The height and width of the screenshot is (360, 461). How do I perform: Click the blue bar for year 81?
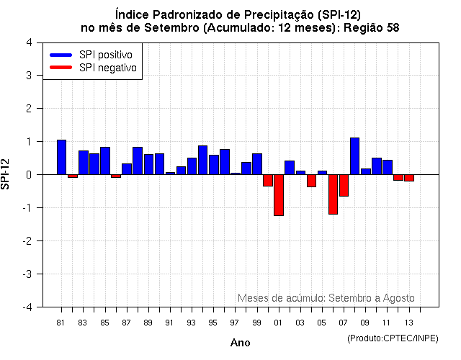[x=61, y=157]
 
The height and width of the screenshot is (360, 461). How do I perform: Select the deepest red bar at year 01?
[x=279, y=195]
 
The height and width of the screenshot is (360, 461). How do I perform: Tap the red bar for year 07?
[x=344, y=185]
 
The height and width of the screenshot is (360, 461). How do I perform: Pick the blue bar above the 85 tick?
[x=105, y=161]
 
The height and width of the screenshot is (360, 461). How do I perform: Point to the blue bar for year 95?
[x=214, y=164]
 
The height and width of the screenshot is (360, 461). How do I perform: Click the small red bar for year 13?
[x=409, y=178]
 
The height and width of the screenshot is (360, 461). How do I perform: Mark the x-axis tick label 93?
[x=191, y=322]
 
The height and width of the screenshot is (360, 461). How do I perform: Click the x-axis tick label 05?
[x=322, y=322]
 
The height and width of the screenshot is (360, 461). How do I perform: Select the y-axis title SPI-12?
[x=6, y=174]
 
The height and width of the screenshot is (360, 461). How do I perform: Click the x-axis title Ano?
[x=240, y=343]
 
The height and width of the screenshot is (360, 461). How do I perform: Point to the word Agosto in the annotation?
[x=399, y=298]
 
